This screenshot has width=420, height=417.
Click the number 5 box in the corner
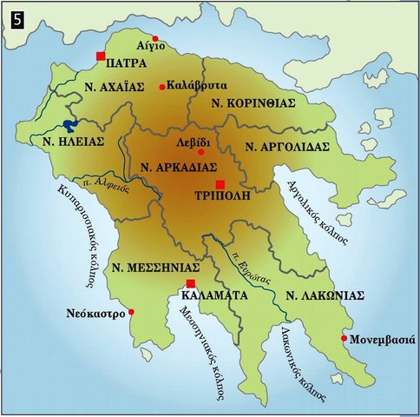click(16, 16)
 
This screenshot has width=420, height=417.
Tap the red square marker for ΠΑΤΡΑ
click(102, 56)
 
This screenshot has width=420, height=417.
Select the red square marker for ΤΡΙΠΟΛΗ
click(220, 184)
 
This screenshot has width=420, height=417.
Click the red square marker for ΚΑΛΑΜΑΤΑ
click(191, 284)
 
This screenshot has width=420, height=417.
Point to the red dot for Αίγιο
click(155, 38)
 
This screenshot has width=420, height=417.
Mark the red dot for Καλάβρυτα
click(161, 88)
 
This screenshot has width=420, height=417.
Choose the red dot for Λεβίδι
click(201, 151)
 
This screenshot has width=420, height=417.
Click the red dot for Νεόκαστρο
click(131, 312)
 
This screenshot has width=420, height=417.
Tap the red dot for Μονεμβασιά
click(345, 338)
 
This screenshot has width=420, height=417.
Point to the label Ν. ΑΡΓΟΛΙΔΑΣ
click(287, 147)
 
